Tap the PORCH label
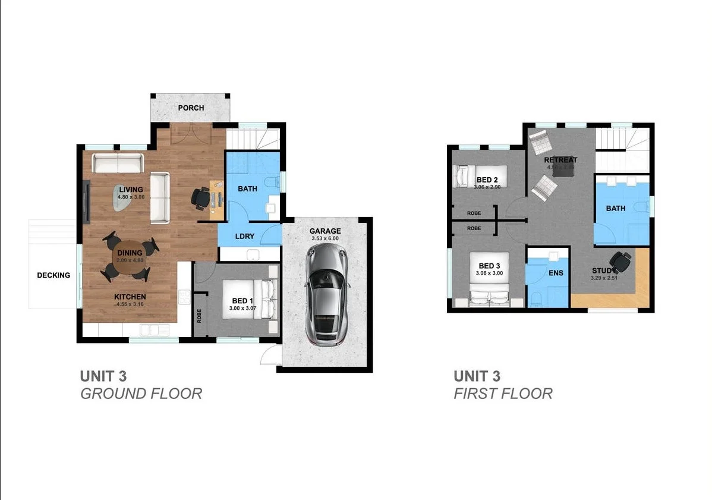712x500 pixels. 191,108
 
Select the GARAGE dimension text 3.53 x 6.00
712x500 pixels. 325,238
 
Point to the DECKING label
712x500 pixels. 53,275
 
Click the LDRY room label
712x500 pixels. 244,236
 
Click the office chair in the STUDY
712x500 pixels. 620,260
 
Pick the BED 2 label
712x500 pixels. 487,180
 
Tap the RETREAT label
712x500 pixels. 560,161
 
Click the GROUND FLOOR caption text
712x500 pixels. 141,394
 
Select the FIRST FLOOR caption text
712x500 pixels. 503,394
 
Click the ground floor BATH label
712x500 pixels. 247,189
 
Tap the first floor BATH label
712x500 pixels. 615,209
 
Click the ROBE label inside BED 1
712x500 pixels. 199,316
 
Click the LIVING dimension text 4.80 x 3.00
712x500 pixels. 131,197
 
